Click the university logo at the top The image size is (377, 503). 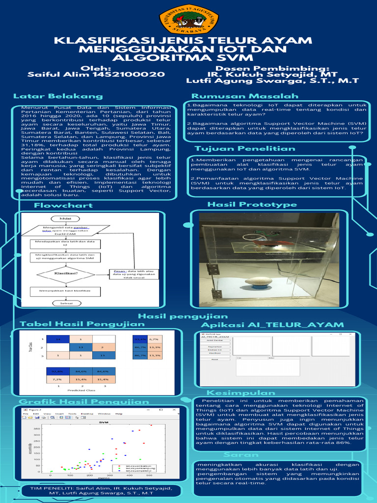pos(188,19)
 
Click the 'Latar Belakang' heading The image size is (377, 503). pos(58,96)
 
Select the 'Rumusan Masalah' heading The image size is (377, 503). pos(244,96)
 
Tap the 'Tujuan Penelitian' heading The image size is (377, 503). pos(245,148)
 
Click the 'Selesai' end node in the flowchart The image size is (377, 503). pos(66,304)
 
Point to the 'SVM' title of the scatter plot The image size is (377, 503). pos(104,422)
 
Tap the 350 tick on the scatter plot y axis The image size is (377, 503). pos(37,428)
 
